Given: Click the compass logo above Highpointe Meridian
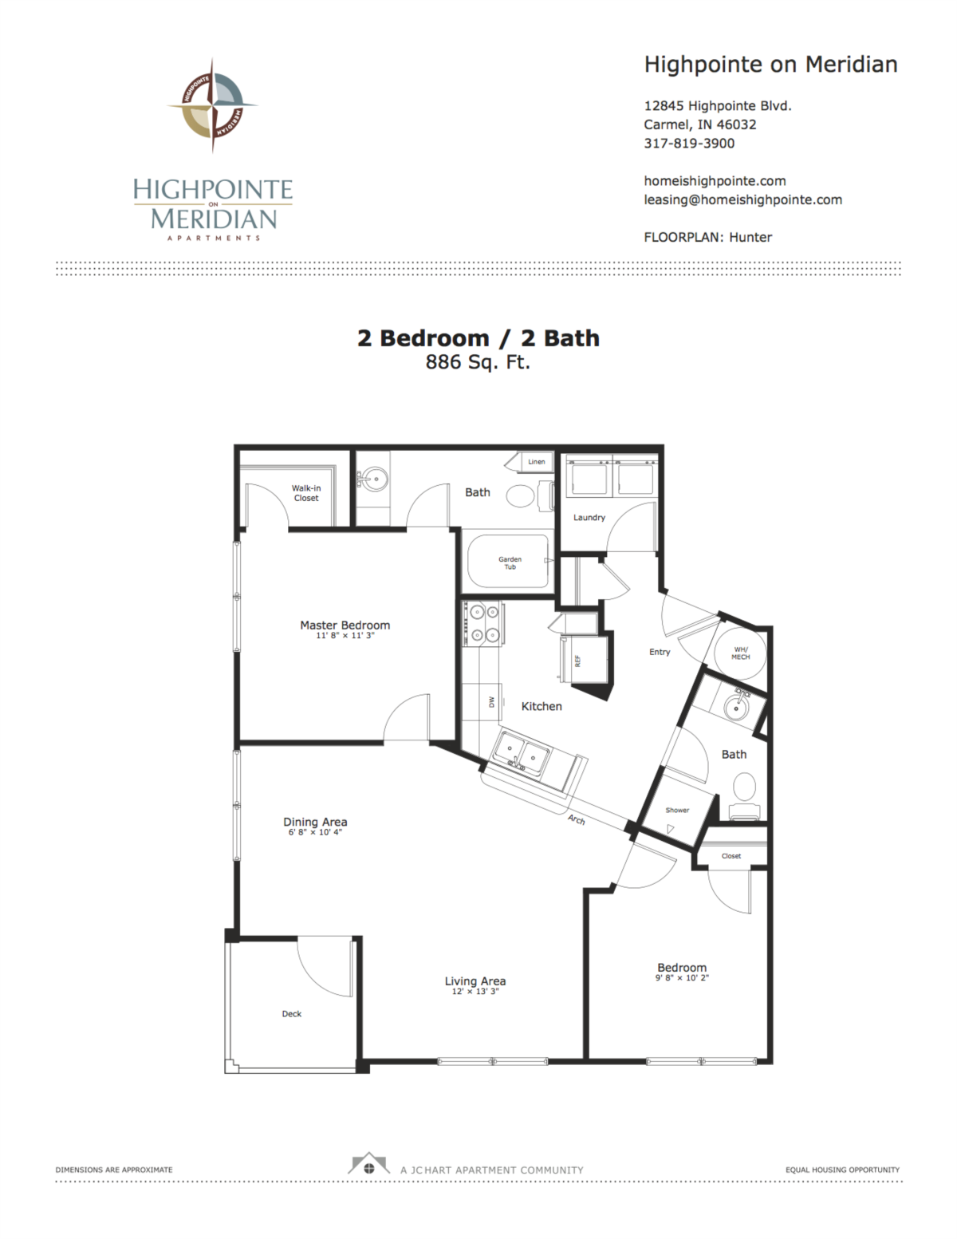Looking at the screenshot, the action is (213, 105).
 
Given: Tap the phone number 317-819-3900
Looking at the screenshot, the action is (689, 143).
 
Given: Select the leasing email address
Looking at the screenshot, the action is (742, 199).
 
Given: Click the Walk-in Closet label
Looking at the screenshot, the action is (306, 492).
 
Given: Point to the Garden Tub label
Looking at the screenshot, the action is (510, 562).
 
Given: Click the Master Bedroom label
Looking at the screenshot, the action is (345, 625).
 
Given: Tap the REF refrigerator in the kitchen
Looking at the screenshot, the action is (584, 660).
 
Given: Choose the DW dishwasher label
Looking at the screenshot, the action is (492, 702).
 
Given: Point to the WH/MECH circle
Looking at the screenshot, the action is (740, 653).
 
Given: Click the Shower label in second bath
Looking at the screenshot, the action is (677, 810).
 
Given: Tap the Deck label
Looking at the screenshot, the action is (291, 1014).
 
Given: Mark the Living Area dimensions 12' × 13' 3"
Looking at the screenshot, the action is (475, 992).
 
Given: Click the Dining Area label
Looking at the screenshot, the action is (315, 822).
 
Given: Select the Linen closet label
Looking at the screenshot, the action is (537, 462).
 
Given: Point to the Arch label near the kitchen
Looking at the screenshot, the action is (577, 819).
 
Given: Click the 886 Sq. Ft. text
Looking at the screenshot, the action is (478, 362).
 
